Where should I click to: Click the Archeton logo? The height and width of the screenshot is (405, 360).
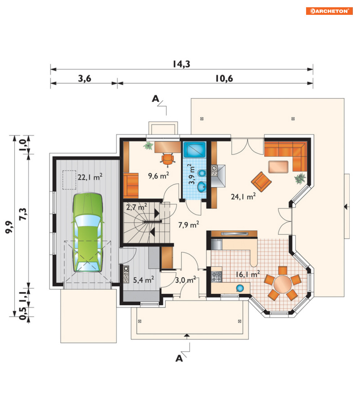(x=329, y=11)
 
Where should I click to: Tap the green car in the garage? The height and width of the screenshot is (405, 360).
(x=88, y=232)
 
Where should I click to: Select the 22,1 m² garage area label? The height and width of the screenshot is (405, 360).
(x=90, y=177)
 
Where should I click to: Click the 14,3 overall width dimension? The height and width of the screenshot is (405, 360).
(x=182, y=64)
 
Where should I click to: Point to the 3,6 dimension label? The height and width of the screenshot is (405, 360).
(x=84, y=78)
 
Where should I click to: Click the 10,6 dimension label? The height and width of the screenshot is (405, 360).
(x=224, y=78)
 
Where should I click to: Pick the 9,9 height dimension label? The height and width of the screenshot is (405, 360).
(x=9, y=227)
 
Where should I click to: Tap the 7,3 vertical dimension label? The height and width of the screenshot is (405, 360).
(x=23, y=214)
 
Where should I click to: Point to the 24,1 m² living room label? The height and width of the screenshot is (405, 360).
(x=243, y=197)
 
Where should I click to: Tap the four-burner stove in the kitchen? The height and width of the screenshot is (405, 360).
(x=216, y=277)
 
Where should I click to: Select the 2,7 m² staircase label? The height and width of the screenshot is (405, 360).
(x=136, y=207)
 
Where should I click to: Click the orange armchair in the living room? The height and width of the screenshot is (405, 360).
(x=261, y=182)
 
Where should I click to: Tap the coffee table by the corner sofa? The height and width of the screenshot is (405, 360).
(x=278, y=166)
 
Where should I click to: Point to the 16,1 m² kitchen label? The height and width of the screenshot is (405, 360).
(x=248, y=274)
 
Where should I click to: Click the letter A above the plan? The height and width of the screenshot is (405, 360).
(x=156, y=98)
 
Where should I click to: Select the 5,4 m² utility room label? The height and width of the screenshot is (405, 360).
(x=144, y=280)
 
